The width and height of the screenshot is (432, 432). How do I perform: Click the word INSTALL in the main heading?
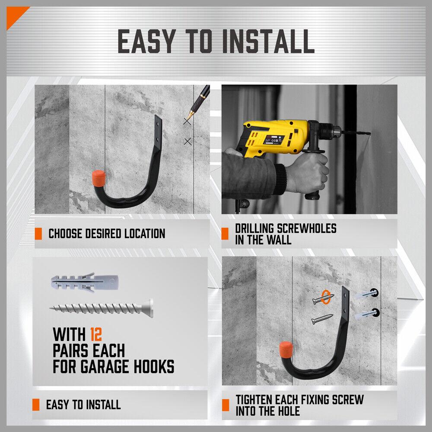tap(268, 42)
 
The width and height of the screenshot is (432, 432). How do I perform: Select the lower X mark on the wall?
tap(187, 141)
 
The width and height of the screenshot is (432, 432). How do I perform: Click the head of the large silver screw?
tap(149, 307)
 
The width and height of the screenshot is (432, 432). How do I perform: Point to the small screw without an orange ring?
tap(322, 319)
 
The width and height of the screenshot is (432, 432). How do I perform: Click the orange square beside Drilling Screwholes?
tap(225, 234)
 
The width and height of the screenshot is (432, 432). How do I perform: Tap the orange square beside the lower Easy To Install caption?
tap(36, 405)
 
